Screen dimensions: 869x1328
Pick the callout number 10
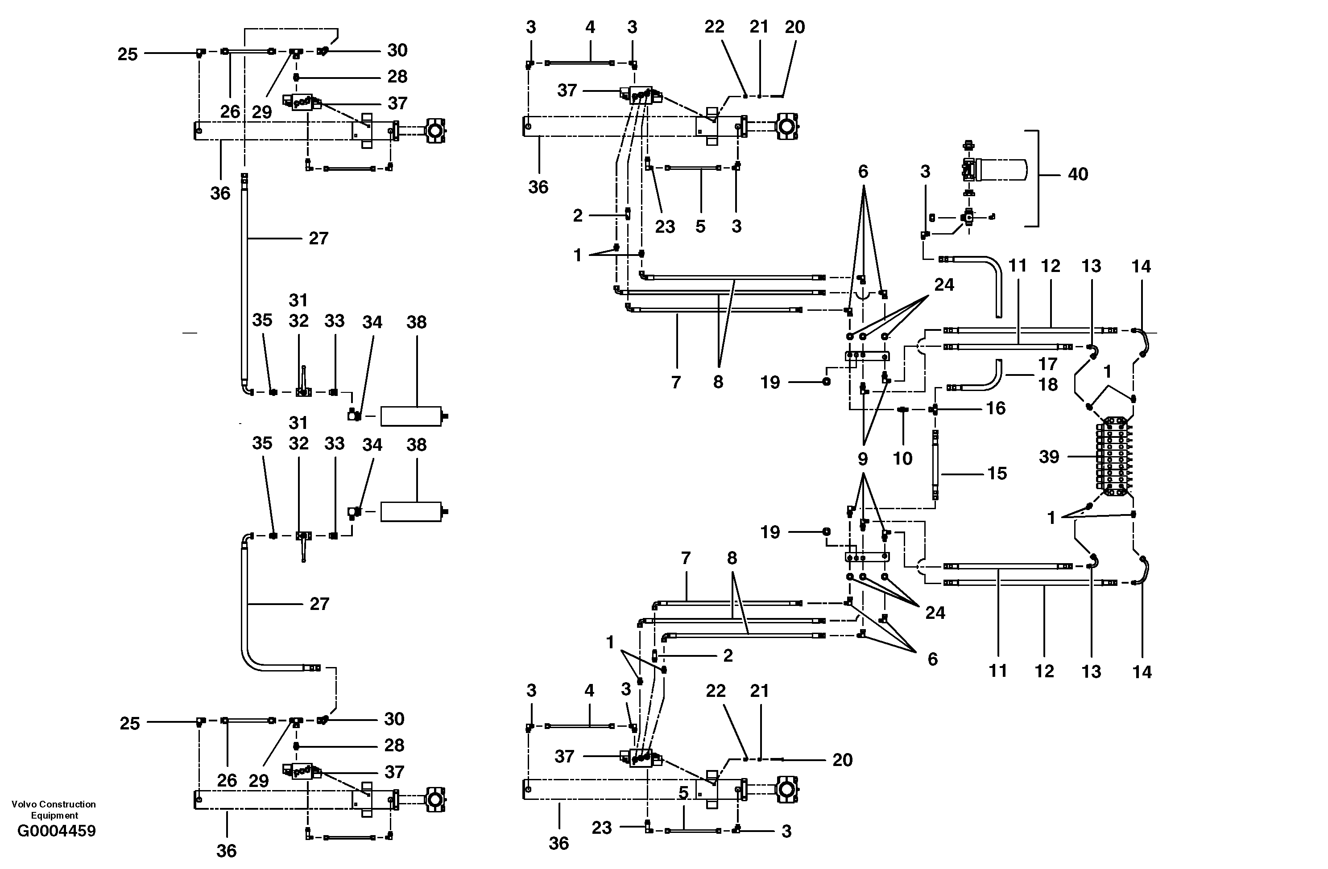pyautogui.click(x=902, y=458)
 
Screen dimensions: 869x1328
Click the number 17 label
pyautogui.click(x=1047, y=364)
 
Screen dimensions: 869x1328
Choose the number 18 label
pyautogui.click(x=1047, y=384)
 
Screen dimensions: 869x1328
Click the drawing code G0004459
pyautogui.click(x=56, y=831)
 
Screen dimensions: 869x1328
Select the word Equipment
pyautogui.click(x=55, y=815)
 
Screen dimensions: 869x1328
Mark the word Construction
pyautogui.click(x=67, y=804)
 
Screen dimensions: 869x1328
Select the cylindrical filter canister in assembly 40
pyautogui.click(x=1005, y=169)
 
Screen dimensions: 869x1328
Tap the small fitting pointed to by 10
pyautogui.click(x=903, y=410)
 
